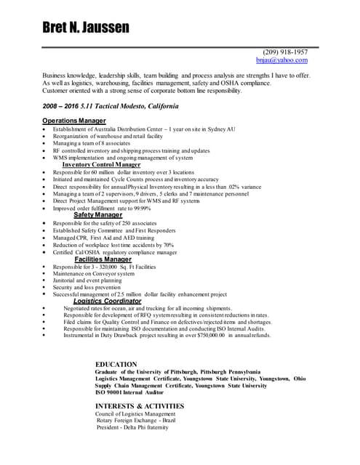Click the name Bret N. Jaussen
pyautogui.click(x=85, y=28)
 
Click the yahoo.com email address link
pyautogui.click(x=285, y=61)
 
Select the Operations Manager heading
pyautogui.click(x=74, y=120)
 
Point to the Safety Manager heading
pyautogui.click(x=97, y=215)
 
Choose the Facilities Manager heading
pyautogui.click(x=103, y=259)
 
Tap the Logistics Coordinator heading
pyautogui.click(x=107, y=301)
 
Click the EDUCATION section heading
pyautogui.click(x=116, y=364)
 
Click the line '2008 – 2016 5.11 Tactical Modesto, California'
pyautogui.click(x=110, y=106)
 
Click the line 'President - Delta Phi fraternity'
pyautogui.click(x=132, y=427)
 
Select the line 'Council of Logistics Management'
pyautogui.click(x=135, y=413)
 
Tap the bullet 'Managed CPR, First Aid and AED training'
pyautogui.click(x=103, y=238)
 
